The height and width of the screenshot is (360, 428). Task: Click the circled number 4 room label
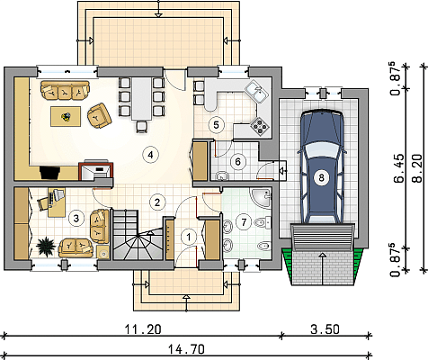click(x=150, y=155)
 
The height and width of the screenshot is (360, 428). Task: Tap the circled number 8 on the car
click(x=321, y=177)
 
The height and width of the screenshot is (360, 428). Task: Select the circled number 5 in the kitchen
click(x=217, y=124)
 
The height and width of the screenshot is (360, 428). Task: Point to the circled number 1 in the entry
click(x=189, y=237)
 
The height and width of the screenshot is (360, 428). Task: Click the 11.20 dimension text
click(x=143, y=329)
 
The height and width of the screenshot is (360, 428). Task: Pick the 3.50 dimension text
click(x=325, y=329)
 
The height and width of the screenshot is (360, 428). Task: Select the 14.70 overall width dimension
click(x=186, y=349)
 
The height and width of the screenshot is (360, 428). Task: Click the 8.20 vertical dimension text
click(x=419, y=168)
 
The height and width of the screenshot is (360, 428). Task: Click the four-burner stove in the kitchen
click(x=260, y=125)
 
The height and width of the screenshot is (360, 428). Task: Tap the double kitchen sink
click(x=257, y=91)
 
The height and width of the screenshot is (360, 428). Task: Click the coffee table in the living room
click(x=66, y=116)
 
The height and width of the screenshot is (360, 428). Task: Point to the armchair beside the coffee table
click(x=99, y=116)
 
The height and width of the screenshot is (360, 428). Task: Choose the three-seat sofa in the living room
click(x=65, y=90)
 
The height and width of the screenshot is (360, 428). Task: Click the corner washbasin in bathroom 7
click(x=263, y=197)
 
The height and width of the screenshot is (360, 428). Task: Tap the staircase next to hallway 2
click(x=138, y=234)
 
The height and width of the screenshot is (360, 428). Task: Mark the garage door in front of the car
click(x=323, y=237)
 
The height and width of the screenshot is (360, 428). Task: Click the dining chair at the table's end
click(x=141, y=126)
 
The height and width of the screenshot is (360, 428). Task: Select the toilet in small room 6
click(x=222, y=175)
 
